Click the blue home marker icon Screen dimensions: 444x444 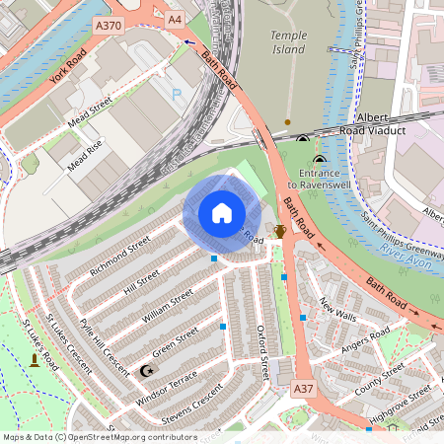(221, 213)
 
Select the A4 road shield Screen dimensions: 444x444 (175, 19)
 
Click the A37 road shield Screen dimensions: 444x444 (304, 391)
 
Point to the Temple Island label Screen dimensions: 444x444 (289, 42)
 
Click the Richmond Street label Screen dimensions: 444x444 (120, 253)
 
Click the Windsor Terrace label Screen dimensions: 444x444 (168, 382)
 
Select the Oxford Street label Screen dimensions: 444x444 (262, 350)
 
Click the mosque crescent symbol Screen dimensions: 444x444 (148, 370)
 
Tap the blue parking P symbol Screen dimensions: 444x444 (177, 95)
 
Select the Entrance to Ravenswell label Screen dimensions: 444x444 (320, 179)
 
